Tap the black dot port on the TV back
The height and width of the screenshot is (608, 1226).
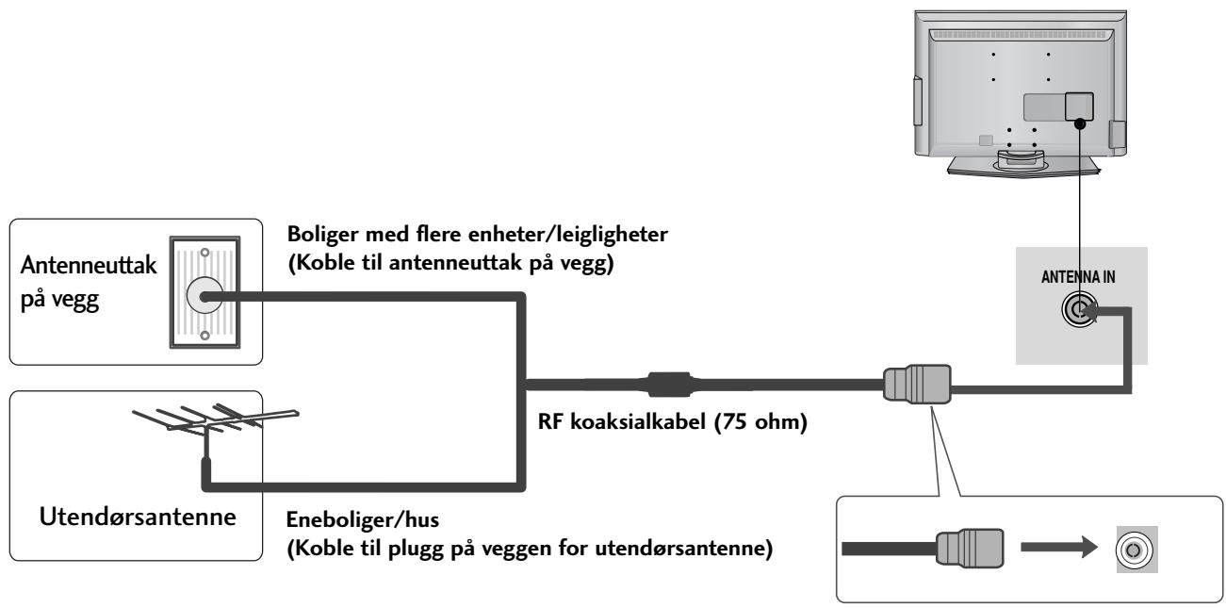[1080, 121]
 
